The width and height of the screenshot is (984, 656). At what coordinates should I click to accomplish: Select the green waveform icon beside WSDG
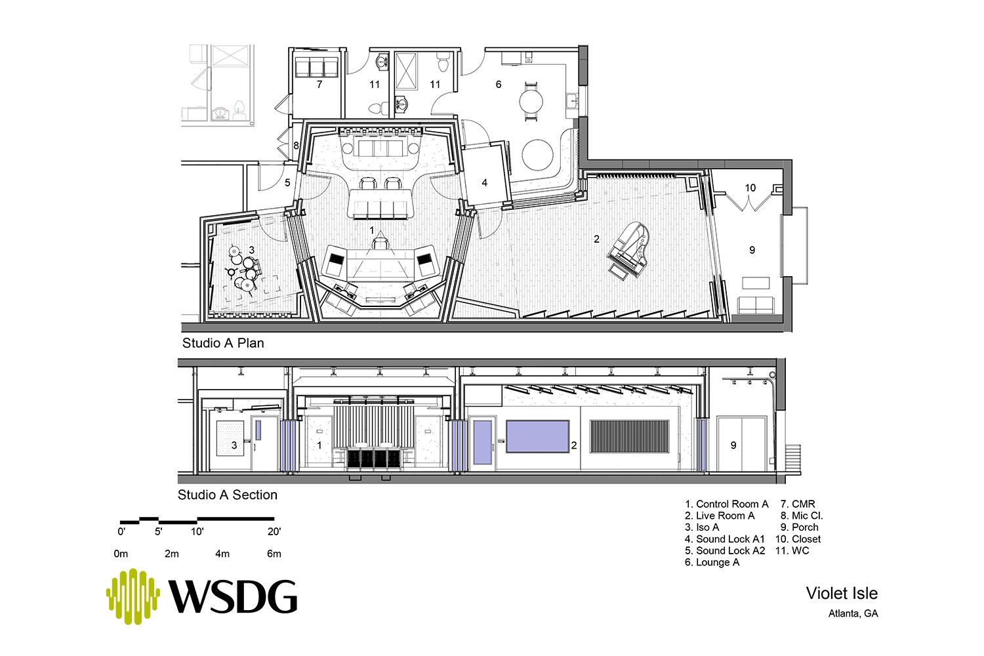133,596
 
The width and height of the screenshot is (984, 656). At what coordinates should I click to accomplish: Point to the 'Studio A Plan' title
223,342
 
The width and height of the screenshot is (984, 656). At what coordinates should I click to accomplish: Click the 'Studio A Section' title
228,495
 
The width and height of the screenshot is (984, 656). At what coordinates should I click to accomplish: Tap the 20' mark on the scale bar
274,531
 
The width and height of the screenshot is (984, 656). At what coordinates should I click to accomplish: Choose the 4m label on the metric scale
222,554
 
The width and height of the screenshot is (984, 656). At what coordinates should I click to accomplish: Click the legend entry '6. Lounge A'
712,562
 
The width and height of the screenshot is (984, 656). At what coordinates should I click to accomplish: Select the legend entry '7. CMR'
798,504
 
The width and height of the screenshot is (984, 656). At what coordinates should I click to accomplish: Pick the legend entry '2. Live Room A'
720,516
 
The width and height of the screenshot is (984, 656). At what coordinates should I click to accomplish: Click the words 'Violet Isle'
842,594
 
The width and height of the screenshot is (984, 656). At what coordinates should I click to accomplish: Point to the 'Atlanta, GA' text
853,613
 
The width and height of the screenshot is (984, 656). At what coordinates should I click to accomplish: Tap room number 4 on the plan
485,182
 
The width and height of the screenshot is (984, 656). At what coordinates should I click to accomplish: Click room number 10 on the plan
750,188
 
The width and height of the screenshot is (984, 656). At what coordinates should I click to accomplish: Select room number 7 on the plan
319,84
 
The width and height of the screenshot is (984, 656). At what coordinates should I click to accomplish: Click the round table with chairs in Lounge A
531,102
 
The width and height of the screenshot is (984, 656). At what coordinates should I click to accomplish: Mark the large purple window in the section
538,436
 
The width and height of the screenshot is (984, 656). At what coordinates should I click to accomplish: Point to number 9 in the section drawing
733,445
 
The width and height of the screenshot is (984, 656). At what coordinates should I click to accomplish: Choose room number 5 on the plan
287,182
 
